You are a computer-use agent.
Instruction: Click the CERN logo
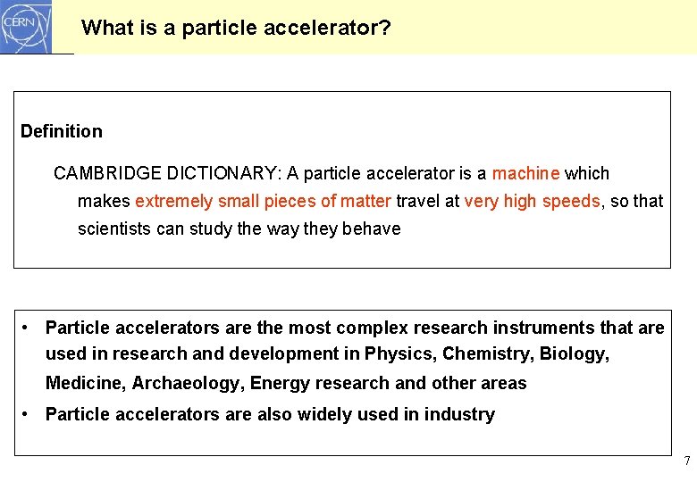[27, 27]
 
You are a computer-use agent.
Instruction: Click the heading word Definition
[62, 131]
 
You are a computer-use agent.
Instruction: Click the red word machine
[525, 173]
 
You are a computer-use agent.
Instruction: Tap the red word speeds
[568, 201]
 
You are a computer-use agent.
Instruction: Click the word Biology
[575, 353]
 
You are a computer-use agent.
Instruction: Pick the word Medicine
[85, 384]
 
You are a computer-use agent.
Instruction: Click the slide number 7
[686, 461]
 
